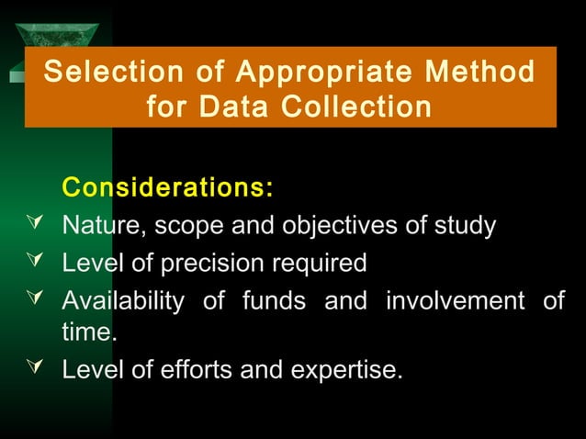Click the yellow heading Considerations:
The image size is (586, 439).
[x=167, y=188]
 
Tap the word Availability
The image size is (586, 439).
[x=121, y=300]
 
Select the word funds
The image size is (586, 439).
[x=273, y=300]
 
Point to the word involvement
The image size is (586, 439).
[x=456, y=300]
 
